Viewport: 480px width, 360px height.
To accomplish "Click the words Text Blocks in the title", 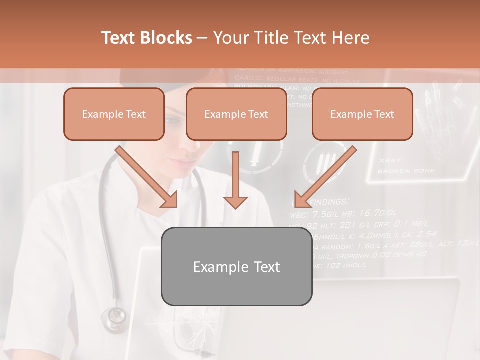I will [146, 38].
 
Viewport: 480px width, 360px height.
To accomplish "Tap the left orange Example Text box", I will [114, 114].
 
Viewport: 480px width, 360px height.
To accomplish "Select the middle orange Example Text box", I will [236, 114].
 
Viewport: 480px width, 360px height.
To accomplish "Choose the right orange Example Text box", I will [362, 114].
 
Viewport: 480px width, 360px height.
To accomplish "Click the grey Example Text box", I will [237, 267].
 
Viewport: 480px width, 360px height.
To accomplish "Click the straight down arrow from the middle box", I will [235, 180].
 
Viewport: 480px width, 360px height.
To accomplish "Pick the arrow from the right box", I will [325, 177].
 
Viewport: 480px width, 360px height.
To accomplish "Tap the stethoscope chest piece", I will [115, 316].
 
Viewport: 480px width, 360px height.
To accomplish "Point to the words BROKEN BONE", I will [406, 171].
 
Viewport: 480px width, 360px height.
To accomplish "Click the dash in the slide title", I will [202, 38].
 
